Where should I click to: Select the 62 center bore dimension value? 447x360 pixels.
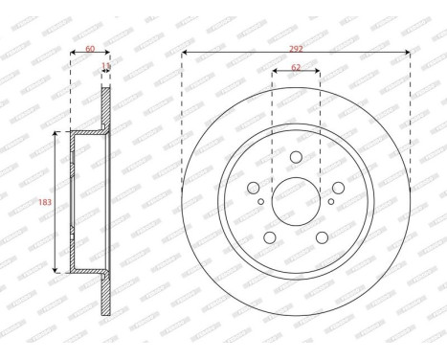(296, 69)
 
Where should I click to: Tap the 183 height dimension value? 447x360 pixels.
(42, 201)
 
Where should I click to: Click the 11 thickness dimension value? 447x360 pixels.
(105, 66)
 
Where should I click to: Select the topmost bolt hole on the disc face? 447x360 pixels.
(296, 157)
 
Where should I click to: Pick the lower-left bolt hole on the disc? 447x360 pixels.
(269, 237)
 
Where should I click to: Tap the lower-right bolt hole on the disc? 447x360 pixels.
(323, 237)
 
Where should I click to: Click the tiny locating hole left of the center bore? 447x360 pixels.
(261, 201)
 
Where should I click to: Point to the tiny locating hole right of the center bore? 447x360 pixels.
(330, 201)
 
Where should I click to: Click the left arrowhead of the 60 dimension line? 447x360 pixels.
(73, 53)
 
